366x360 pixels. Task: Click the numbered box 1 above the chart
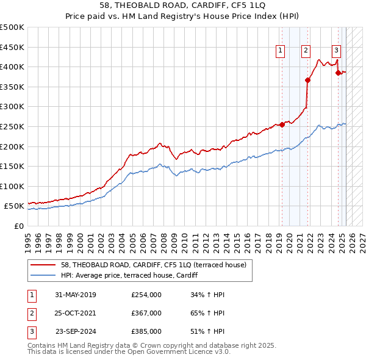click(x=281, y=51)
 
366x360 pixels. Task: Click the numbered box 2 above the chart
click(x=306, y=51)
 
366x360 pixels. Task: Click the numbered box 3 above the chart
click(x=336, y=51)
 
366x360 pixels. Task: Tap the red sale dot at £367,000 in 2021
click(x=308, y=79)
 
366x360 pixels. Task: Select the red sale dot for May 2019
click(x=282, y=124)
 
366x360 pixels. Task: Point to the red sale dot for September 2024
click(x=338, y=73)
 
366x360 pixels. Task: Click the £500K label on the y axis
click(x=12, y=27)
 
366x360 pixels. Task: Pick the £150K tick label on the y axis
click(x=12, y=166)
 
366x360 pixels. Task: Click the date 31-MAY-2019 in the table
click(x=75, y=295)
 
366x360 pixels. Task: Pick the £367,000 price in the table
click(x=146, y=313)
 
